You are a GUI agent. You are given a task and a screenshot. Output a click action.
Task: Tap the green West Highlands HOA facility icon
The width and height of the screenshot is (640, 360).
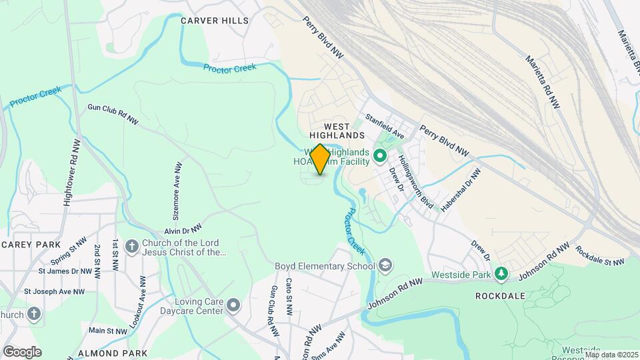tap(380, 157)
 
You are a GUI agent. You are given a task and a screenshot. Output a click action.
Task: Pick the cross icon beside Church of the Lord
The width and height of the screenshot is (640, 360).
tap(131, 247)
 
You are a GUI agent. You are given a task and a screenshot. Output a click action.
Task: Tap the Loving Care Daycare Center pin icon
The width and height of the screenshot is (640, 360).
tap(233, 305)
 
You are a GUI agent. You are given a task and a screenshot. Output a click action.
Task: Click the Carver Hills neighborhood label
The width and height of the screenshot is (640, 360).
tap(215, 21)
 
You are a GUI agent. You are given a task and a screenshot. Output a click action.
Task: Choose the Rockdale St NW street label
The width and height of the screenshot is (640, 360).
tap(600, 256)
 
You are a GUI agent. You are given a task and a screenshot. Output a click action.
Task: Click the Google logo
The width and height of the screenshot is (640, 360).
tap(22, 352)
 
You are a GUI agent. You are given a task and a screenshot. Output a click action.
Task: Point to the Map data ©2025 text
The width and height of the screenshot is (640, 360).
tap(611, 355)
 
